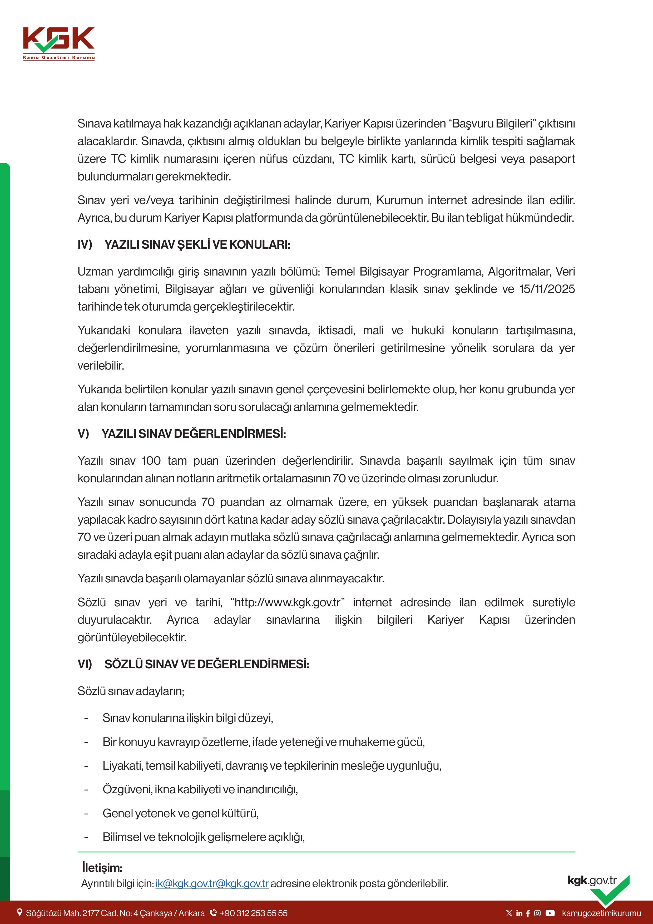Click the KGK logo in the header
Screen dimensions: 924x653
coord(59,43)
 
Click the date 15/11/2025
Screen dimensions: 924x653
coord(547,289)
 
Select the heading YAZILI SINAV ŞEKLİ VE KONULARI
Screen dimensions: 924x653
coord(197,245)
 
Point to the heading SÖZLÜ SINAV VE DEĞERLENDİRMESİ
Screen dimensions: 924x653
coord(207,664)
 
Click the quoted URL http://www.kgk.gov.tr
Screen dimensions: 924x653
coord(288,602)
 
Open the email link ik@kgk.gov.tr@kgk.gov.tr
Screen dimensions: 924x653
coord(212,883)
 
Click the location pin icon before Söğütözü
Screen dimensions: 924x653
coord(19,913)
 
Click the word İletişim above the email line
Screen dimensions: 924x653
coord(102,868)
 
